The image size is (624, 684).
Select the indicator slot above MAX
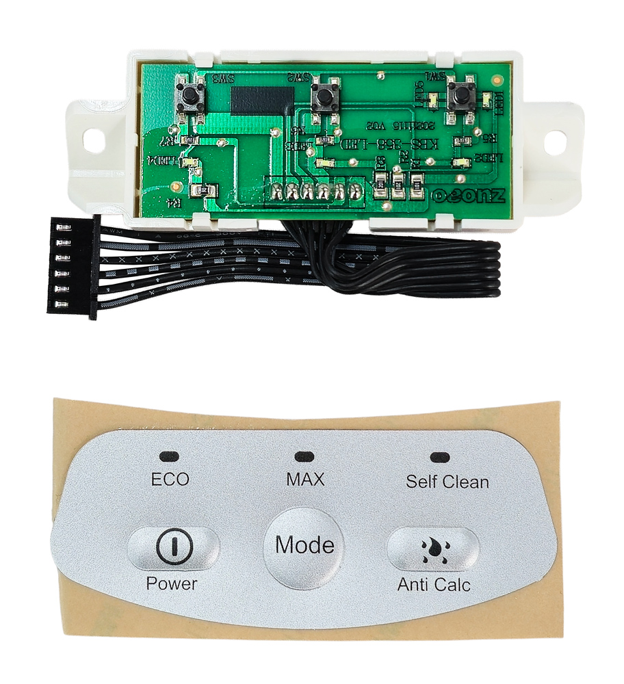tap(304, 455)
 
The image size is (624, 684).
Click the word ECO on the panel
tap(170, 479)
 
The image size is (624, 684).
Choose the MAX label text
tap(305, 479)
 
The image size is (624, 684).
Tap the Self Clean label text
tap(447, 482)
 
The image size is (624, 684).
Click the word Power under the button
tap(171, 584)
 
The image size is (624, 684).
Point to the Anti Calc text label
tap(434, 586)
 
